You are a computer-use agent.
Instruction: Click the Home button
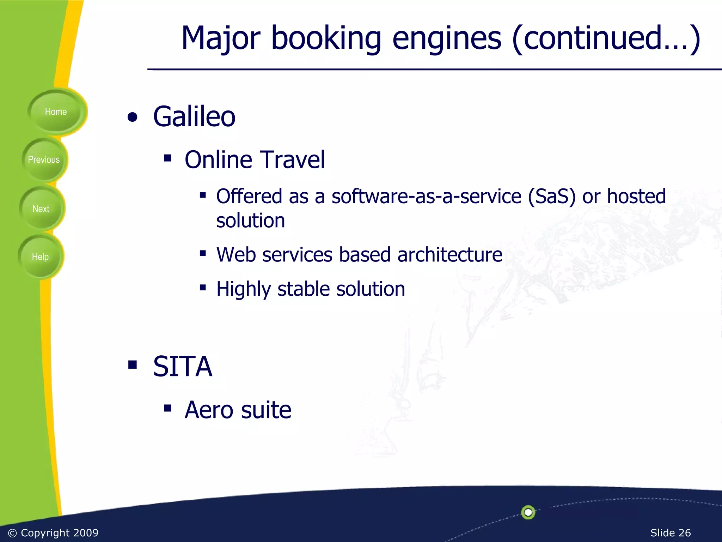56,112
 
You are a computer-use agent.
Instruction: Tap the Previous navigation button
44,160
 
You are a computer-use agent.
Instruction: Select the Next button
41,209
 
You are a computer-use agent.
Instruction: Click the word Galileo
194,116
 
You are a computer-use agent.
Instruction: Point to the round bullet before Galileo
133,118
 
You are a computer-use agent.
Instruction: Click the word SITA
183,367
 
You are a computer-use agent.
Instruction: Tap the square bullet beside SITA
133,365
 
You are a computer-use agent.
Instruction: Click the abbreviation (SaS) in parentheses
551,197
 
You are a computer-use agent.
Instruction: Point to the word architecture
449,254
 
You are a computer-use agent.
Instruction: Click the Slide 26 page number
670,532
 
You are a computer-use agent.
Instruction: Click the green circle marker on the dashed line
528,512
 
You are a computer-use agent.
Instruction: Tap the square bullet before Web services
203,253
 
